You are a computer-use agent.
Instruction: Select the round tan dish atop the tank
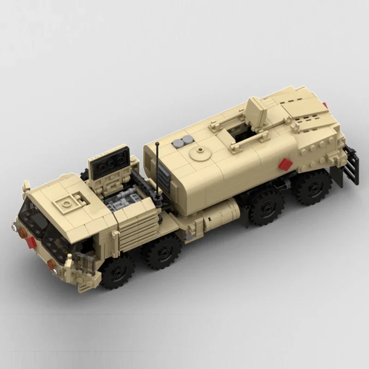click(200, 153)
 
